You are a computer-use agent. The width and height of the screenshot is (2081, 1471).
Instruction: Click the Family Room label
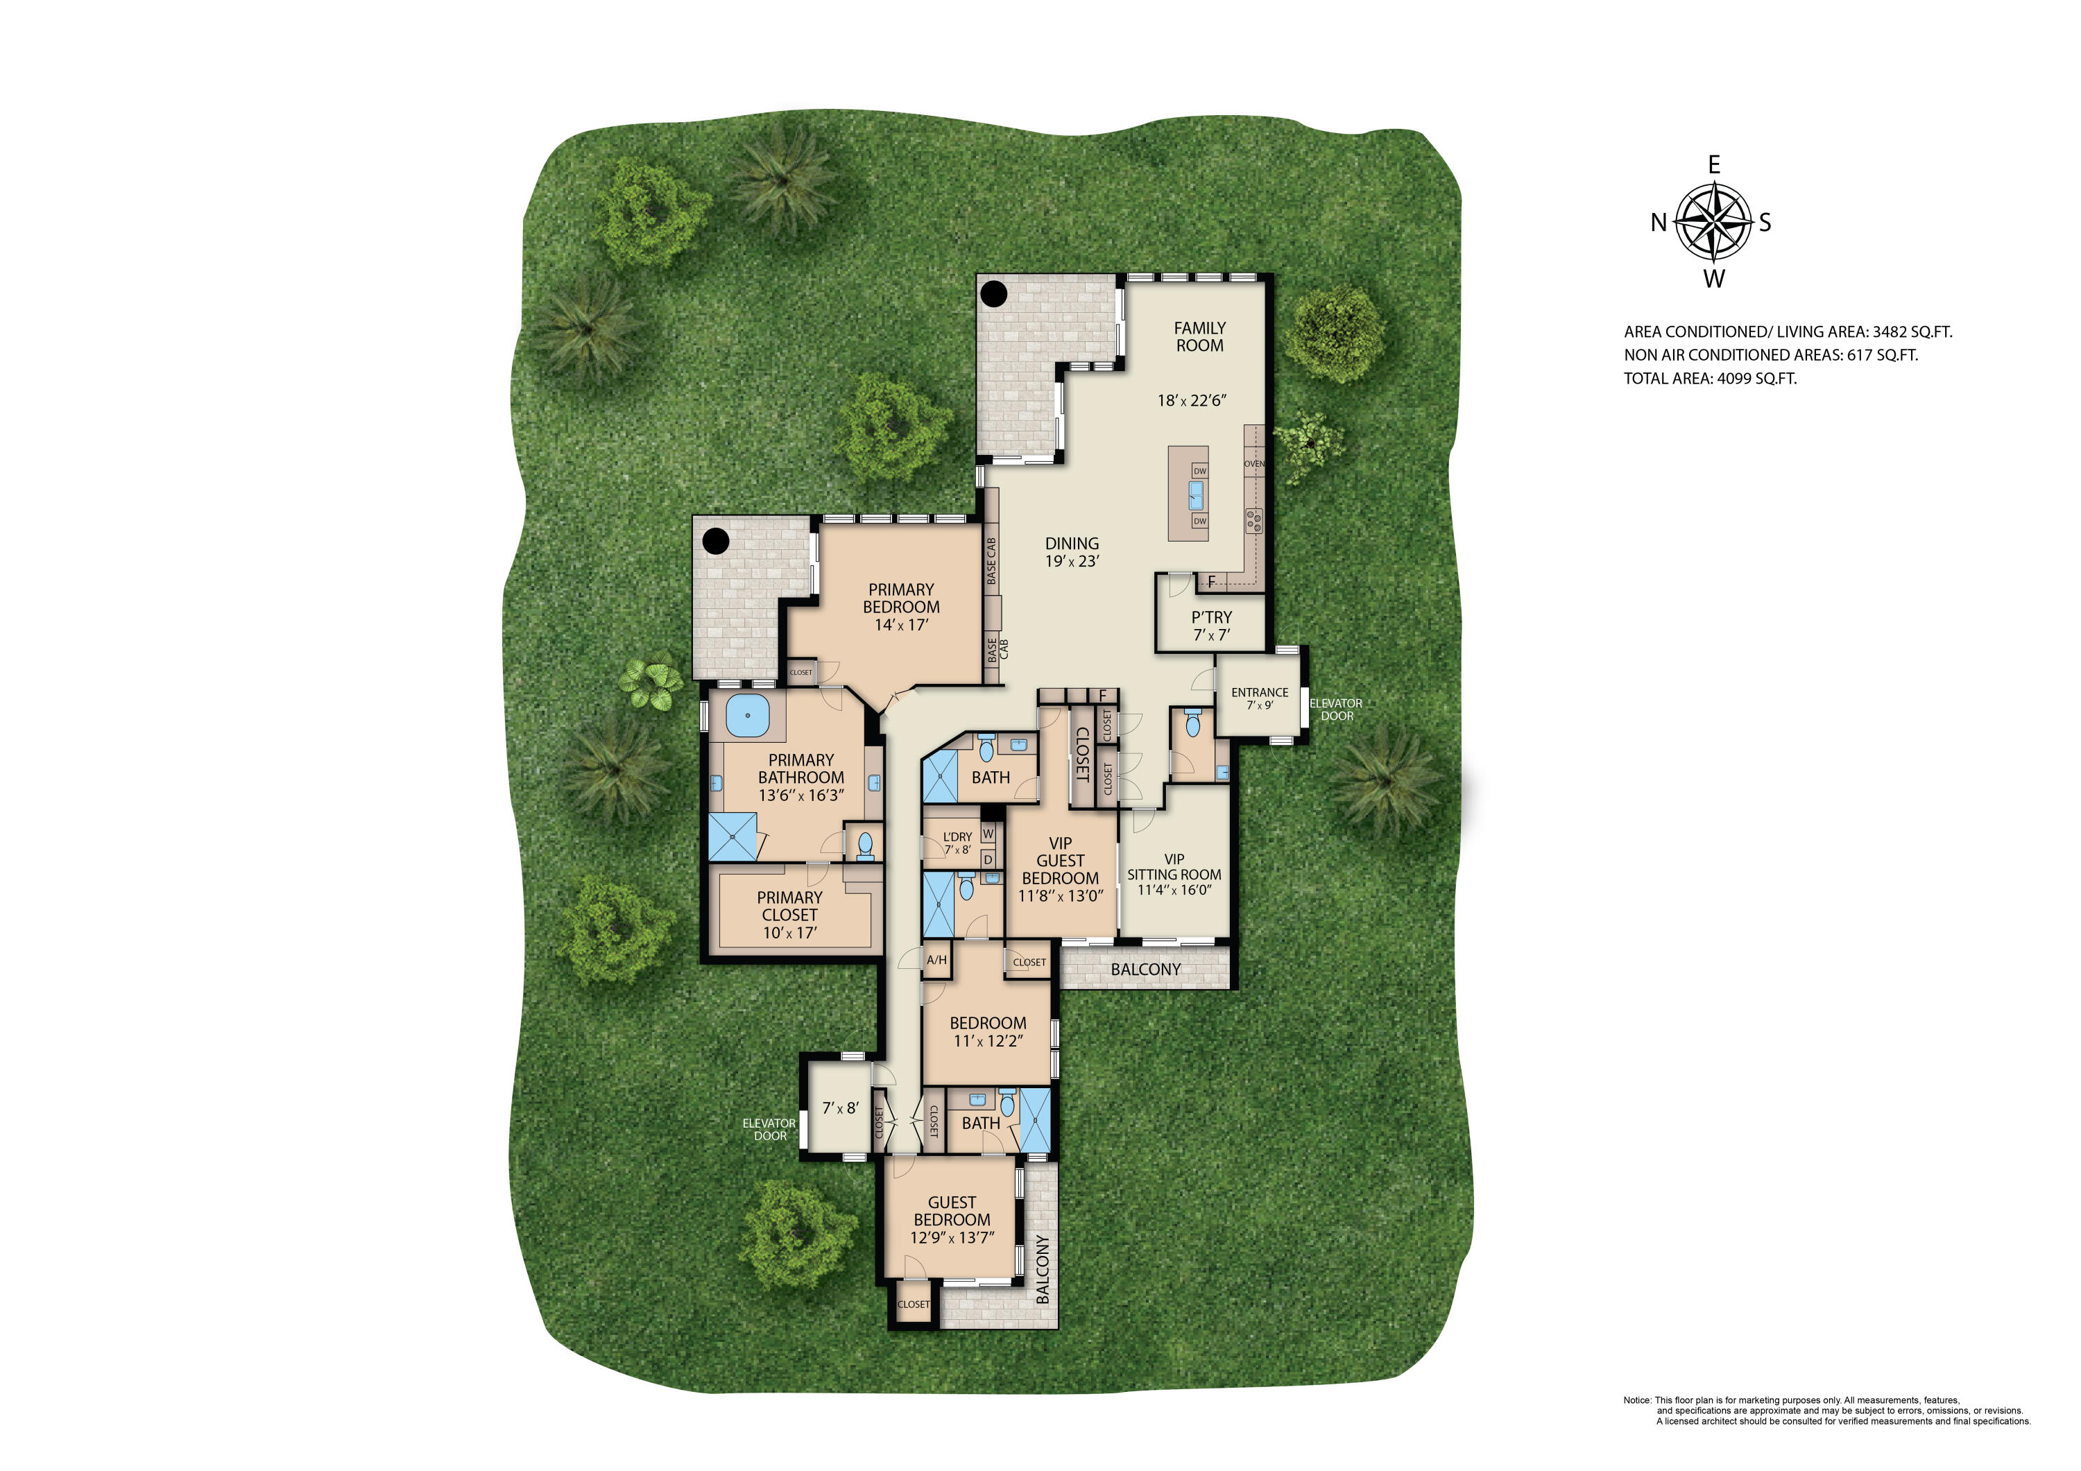tap(1199, 336)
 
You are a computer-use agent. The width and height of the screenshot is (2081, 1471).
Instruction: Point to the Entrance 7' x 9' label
tap(1259, 698)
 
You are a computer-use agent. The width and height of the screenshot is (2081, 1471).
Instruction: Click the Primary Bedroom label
tap(901, 606)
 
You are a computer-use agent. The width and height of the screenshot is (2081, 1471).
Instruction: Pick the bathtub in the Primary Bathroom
tap(748, 715)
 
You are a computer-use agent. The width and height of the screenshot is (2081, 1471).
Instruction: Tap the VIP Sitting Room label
tap(1174, 874)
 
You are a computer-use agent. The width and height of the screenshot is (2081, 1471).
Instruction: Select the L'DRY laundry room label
tap(957, 843)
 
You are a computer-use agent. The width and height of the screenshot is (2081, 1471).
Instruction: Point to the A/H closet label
tap(936, 960)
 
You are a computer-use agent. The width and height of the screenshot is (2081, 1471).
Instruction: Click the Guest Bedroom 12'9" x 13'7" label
tap(952, 1219)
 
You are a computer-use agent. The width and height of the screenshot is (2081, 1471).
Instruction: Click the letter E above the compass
tap(1714, 165)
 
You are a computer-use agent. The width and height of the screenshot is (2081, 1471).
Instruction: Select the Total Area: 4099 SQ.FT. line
tap(1709, 379)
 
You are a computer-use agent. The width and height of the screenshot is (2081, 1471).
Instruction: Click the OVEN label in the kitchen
tap(1253, 464)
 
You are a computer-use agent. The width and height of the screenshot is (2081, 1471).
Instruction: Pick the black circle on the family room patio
tap(994, 293)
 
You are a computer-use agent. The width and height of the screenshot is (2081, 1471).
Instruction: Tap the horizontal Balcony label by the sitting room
tap(1146, 970)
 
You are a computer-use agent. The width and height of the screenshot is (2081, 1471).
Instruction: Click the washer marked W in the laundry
tap(988, 834)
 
